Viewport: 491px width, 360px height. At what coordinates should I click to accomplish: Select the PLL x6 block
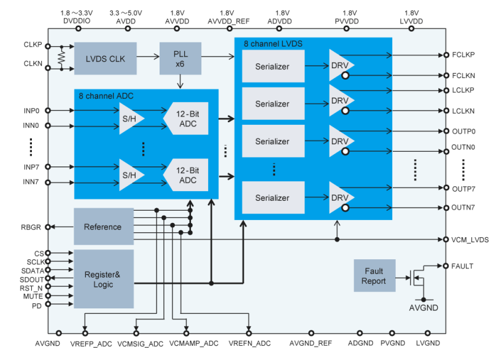(x=180, y=58)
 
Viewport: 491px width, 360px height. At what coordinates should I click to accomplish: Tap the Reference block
(x=103, y=227)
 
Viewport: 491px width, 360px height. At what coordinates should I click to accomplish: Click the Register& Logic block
(x=103, y=279)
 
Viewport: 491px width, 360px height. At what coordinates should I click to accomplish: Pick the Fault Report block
(x=374, y=276)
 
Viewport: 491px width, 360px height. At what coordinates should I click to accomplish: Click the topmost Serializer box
(x=273, y=66)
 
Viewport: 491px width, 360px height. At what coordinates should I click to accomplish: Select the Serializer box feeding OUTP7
(x=273, y=198)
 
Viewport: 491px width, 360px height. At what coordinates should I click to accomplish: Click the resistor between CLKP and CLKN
(x=61, y=58)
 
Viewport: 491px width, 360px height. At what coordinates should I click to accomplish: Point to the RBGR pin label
(x=30, y=227)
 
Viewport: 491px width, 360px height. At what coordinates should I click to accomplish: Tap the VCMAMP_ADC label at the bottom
(x=193, y=343)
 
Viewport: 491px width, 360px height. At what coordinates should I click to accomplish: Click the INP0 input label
(x=31, y=111)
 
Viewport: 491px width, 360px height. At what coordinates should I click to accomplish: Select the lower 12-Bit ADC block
(x=187, y=175)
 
